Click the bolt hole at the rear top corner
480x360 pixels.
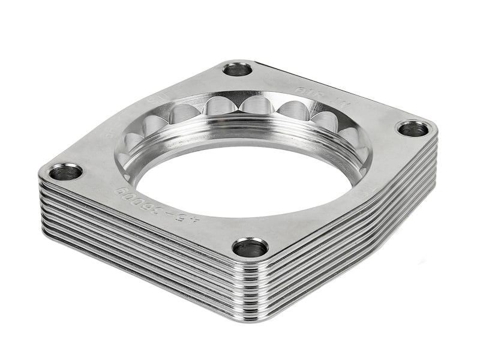pyautogui.click(x=238, y=69)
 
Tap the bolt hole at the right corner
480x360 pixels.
pyautogui.click(x=413, y=128)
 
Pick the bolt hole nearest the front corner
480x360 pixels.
pyautogui.click(x=250, y=247)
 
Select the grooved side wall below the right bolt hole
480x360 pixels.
pyautogui.click(x=390, y=192)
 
